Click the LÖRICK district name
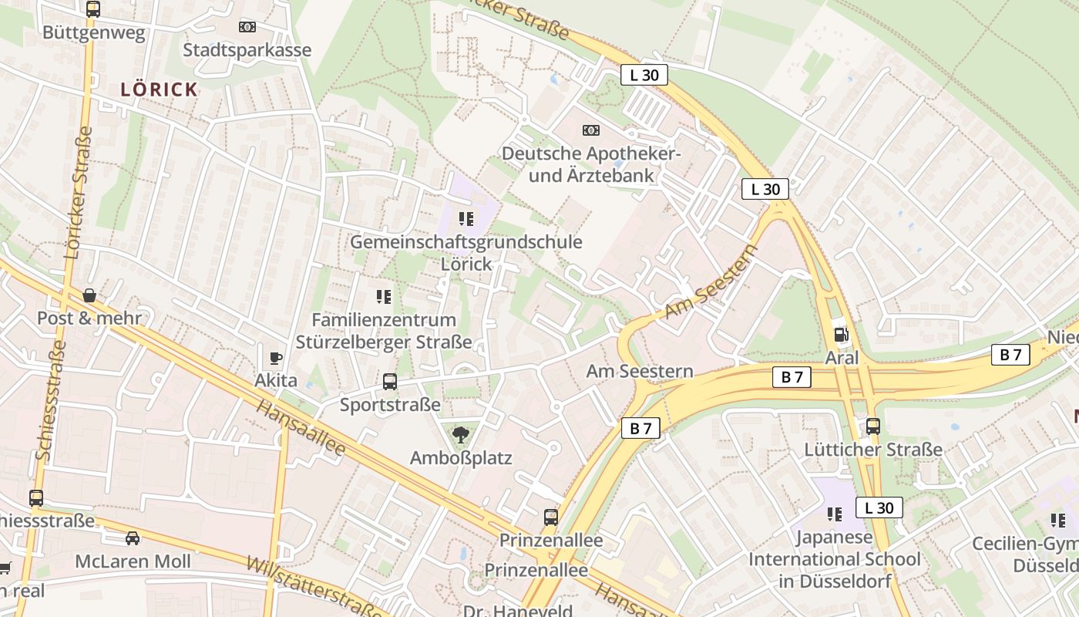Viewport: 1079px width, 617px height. pyautogui.click(x=160, y=89)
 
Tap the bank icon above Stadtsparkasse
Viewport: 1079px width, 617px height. pyautogui.click(x=247, y=27)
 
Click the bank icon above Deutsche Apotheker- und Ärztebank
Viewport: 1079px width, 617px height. pyautogui.click(x=591, y=130)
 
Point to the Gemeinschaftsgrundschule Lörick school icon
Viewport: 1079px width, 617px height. pyautogui.click(x=466, y=219)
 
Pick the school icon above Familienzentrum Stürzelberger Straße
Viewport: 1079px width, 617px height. pyautogui.click(x=384, y=297)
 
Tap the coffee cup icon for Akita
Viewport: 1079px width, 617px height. pyautogui.click(x=276, y=358)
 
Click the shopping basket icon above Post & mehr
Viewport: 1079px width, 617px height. pyautogui.click(x=89, y=295)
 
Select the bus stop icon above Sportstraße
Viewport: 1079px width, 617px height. pyautogui.click(x=390, y=381)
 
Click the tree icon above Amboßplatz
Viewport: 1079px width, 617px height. pyautogui.click(x=461, y=435)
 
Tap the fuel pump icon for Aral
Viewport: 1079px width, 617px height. pyautogui.click(x=841, y=335)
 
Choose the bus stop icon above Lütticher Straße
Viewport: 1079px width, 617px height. pyautogui.click(x=873, y=427)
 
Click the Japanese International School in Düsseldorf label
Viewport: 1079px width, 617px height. pyautogui.click(x=835, y=559)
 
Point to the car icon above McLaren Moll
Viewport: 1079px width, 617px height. pyautogui.click(x=133, y=538)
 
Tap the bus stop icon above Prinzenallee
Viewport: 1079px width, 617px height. pyautogui.click(x=550, y=517)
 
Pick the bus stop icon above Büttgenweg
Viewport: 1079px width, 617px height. pyautogui.click(x=92, y=9)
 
